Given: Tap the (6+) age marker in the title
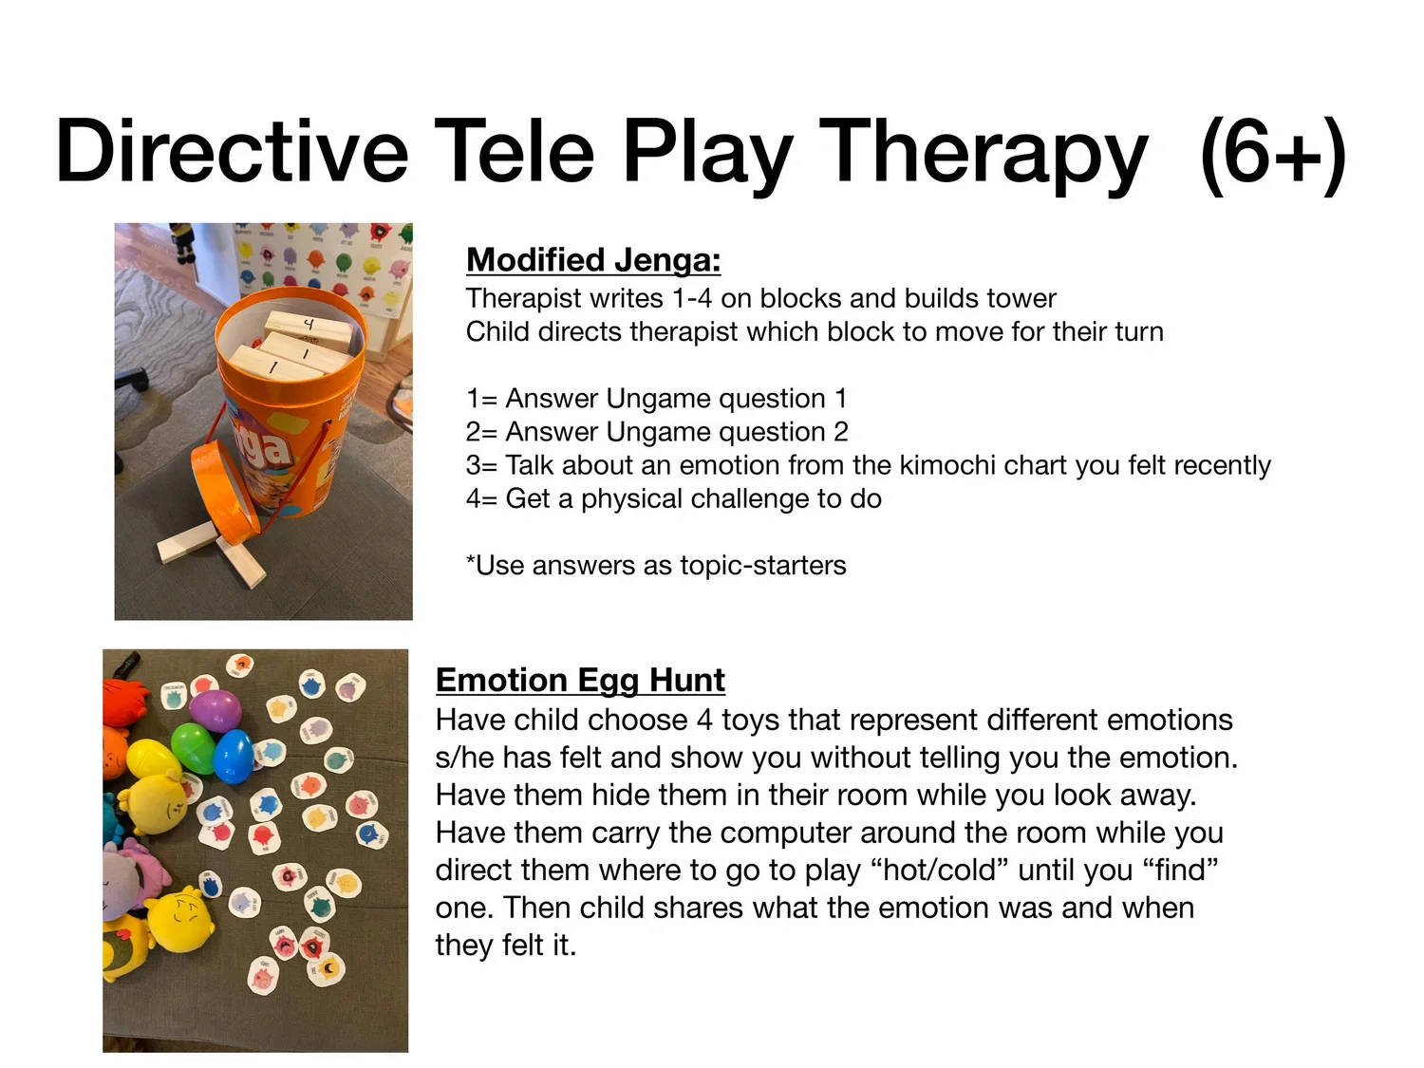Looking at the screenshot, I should click(1272, 154).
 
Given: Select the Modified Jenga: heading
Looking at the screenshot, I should click(593, 259).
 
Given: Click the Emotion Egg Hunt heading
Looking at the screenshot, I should click(580, 680).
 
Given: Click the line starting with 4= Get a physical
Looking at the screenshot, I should click(673, 498).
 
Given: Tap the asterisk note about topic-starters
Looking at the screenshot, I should click(656, 565).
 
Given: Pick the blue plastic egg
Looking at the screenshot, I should click(233, 756).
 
